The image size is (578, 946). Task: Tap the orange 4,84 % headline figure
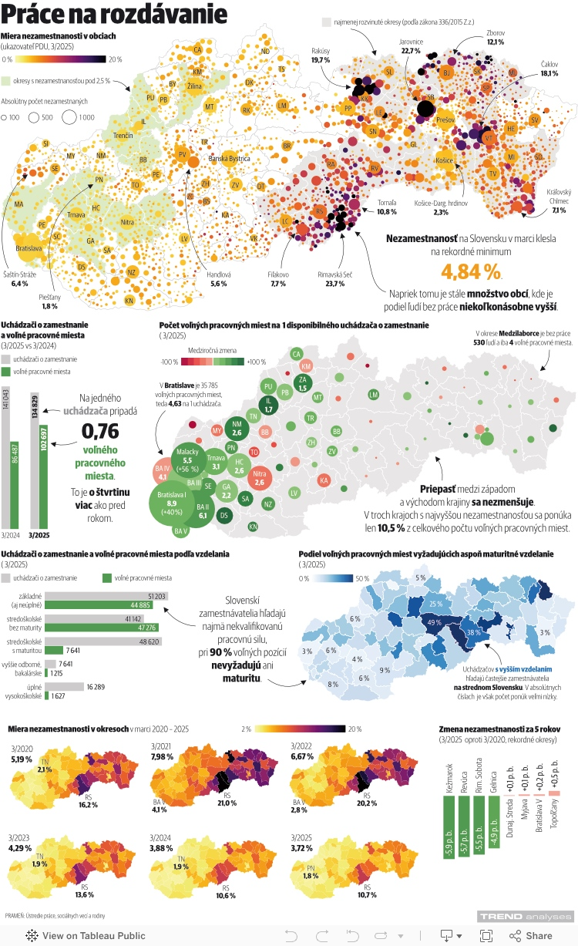471,271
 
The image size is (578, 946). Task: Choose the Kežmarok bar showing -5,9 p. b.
449,830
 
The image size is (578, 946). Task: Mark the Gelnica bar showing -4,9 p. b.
493,822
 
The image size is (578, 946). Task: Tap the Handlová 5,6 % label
218,279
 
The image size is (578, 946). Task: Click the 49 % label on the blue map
434,622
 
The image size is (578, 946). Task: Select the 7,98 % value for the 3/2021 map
163,756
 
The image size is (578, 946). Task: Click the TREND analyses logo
525,916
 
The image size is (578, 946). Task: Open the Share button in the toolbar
531,935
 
